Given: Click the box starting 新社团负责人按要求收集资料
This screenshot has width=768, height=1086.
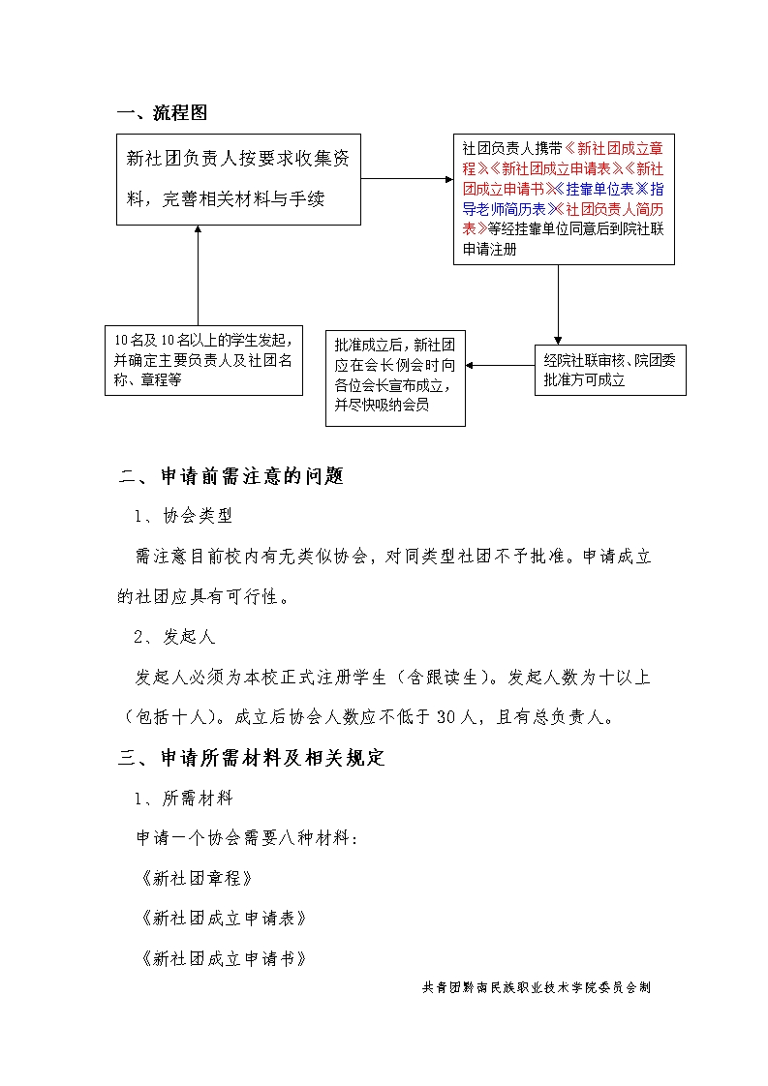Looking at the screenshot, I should [238, 179].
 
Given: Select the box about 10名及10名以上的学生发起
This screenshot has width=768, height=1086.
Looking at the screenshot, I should [203, 360].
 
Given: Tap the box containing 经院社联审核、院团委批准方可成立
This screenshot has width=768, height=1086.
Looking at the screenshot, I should [610, 370].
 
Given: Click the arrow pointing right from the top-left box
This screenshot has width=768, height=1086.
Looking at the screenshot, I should [407, 179].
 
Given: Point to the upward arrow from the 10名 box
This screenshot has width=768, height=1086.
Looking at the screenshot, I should [198, 275].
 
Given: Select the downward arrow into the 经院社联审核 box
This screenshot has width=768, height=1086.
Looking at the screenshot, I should [558, 304].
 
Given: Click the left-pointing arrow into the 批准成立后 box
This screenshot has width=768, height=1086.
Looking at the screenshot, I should [500, 366].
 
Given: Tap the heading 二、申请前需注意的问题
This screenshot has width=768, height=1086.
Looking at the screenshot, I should [231, 476].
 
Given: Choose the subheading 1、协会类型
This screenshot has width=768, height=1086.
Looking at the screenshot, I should [183, 516].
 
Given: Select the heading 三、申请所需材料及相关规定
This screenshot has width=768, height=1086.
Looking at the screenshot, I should [252, 758].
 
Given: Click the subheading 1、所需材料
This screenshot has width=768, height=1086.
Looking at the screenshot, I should [183, 798].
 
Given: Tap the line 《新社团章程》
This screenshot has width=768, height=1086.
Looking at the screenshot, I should [197, 878].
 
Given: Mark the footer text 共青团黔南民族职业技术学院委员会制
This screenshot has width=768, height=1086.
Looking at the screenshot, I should [537, 988].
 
